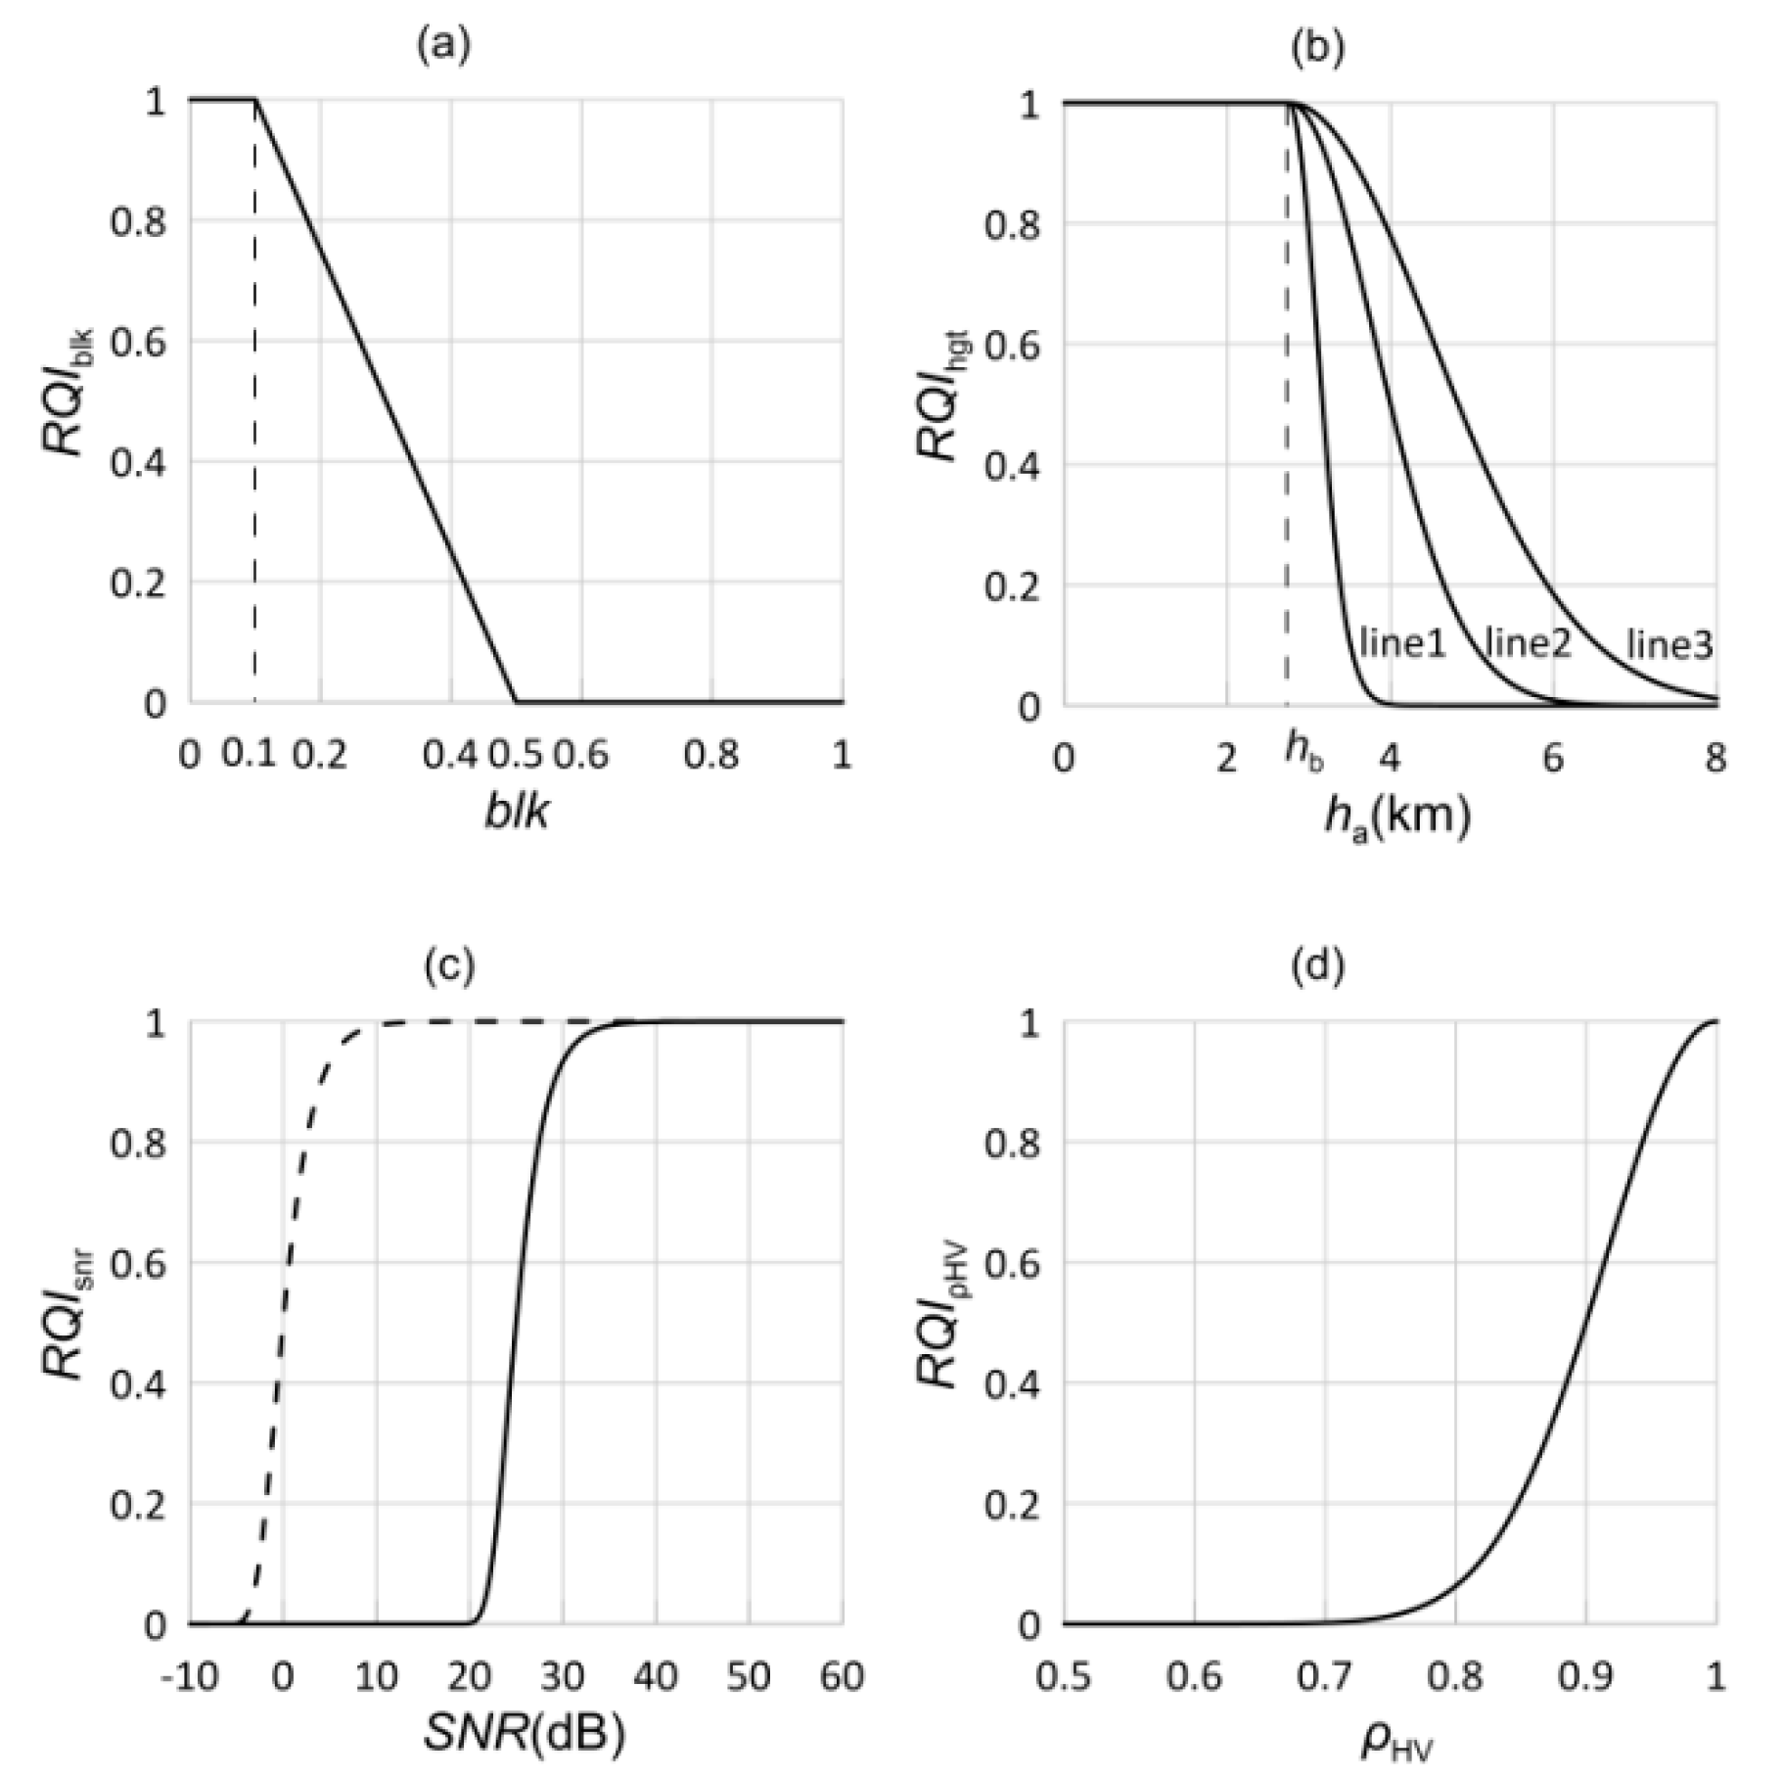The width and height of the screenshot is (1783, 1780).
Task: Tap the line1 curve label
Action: pos(1402,643)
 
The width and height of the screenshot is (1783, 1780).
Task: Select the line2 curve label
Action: pos(1528,643)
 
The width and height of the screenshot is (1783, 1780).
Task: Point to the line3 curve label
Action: pos(1669,645)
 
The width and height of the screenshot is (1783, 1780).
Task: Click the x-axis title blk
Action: pos(516,812)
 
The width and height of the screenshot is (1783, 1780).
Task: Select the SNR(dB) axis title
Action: pos(524,1734)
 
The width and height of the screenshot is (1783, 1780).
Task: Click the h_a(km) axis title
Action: pos(1396,815)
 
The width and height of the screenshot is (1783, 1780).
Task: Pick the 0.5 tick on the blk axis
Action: pos(516,755)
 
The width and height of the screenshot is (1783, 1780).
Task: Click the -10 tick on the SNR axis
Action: pos(192,1677)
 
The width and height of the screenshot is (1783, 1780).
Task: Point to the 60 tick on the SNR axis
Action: pos(842,1677)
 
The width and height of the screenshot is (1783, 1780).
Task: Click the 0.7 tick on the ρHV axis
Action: pos(1325,1677)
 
